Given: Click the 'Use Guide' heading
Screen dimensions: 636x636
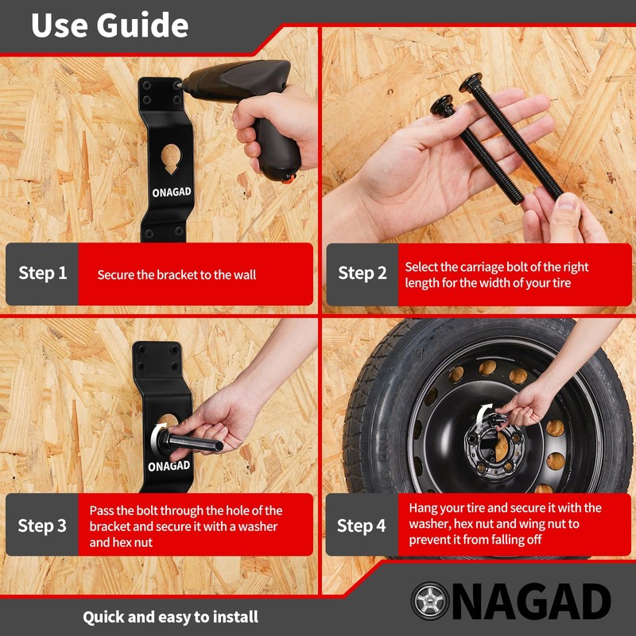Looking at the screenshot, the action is [x=110, y=25].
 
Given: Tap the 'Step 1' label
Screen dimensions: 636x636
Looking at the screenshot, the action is [x=43, y=273].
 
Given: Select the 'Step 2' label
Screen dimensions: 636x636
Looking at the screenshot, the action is [x=363, y=273].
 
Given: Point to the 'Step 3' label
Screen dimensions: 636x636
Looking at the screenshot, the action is [x=42, y=525].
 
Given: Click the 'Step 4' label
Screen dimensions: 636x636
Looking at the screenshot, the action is [x=361, y=525].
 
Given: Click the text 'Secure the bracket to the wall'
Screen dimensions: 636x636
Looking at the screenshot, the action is [x=176, y=275].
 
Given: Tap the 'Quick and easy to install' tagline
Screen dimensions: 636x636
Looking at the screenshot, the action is [x=170, y=617].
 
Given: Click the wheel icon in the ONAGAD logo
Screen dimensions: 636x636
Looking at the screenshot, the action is [x=430, y=601].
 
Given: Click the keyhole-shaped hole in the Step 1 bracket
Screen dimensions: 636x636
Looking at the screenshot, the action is [x=171, y=158].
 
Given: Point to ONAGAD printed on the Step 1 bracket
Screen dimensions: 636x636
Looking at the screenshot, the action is [x=172, y=192].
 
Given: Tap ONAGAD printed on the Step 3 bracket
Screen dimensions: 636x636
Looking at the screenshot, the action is [x=169, y=466].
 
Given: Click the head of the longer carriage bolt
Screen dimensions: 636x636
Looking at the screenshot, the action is [x=471, y=82].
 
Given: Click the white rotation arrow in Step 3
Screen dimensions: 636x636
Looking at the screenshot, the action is [x=157, y=436].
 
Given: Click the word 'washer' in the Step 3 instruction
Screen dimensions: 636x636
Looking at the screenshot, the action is [x=258, y=526].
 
